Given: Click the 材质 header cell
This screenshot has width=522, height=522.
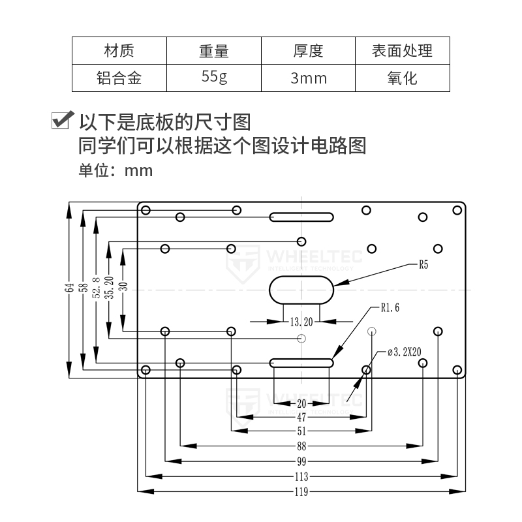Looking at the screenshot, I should coord(119,50).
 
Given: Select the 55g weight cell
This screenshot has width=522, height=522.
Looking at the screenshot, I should coord(214,78).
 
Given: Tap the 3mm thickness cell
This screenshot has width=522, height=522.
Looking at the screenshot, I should coord(308,78).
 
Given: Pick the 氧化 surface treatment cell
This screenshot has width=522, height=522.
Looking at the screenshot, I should coord(402,78).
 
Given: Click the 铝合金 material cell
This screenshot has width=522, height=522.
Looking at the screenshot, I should coord(119,78).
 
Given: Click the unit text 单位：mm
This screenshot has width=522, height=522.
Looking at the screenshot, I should coord(115,171).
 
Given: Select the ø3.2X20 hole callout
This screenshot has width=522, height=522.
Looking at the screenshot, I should coord(405,352).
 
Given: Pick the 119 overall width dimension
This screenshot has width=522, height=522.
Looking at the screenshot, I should coord(301,492).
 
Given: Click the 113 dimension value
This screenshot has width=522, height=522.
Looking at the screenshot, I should coord(301,476).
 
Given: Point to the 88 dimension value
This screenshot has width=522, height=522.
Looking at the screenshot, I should coord(301,446).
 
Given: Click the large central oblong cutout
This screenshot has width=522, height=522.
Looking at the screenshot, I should coord(301,288).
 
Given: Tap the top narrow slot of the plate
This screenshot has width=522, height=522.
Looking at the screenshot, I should coord(301,217).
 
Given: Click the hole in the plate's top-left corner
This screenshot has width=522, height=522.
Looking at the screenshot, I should coord(146,210).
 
